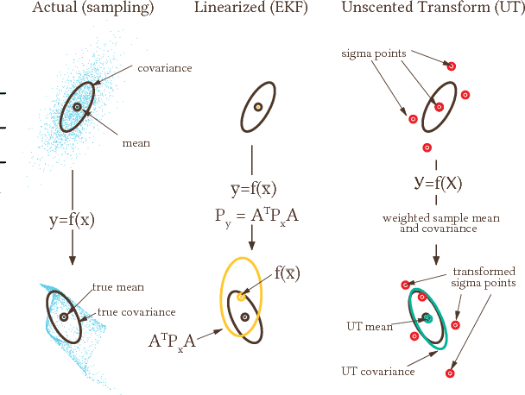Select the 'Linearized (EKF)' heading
pos(258,8)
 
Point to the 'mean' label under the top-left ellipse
pos(136,143)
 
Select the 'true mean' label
pos(118,286)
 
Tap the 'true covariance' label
pos(136,311)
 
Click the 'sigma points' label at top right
pos(370,53)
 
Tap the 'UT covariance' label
pos(376,372)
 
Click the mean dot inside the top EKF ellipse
pos(257,108)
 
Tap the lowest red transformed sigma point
pos(450,373)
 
